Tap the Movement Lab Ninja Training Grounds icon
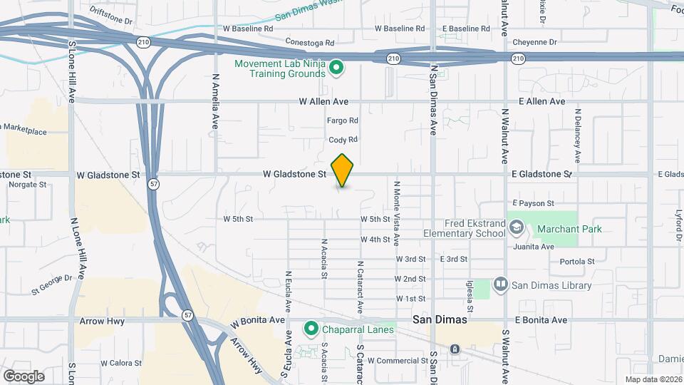click(x=336, y=68)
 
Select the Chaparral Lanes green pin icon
click(x=311, y=329)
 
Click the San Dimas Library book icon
click(x=500, y=285)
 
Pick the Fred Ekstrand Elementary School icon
click(x=516, y=228)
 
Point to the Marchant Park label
click(x=569, y=229)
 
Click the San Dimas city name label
click(x=440, y=319)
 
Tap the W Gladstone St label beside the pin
click(x=294, y=173)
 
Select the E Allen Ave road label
click(x=542, y=101)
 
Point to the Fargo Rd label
click(x=342, y=121)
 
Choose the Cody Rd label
click(x=342, y=140)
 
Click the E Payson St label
click(x=532, y=203)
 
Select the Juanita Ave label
click(x=534, y=247)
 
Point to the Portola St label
click(x=576, y=261)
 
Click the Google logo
click(x=24, y=376)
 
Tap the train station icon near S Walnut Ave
click(x=455, y=349)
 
